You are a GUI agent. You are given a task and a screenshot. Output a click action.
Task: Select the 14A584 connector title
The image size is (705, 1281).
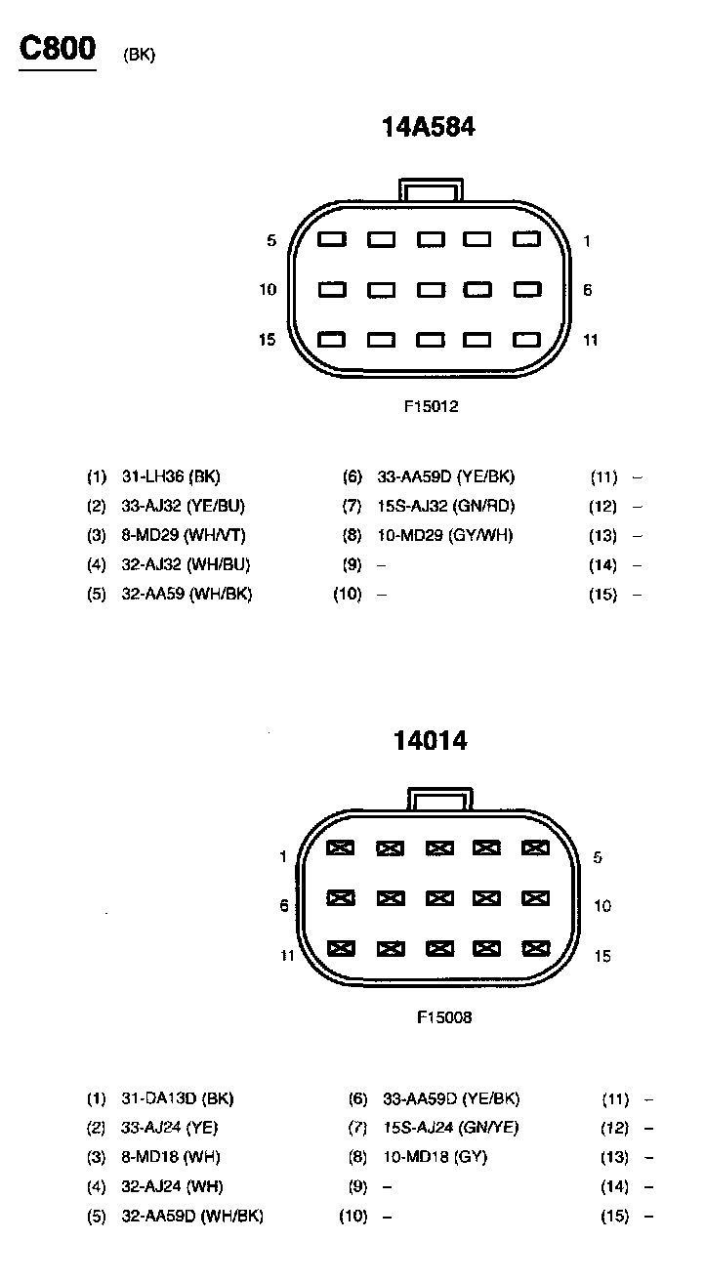(428, 127)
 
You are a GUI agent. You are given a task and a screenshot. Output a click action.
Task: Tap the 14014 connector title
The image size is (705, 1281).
(430, 741)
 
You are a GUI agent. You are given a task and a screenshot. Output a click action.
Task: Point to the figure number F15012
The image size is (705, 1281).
(431, 406)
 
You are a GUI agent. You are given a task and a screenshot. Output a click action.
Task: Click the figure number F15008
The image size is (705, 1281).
(444, 1017)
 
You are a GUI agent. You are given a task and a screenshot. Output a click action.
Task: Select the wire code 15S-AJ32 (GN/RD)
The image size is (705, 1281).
(445, 506)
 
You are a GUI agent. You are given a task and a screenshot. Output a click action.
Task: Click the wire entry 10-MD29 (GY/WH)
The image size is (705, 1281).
(444, 535)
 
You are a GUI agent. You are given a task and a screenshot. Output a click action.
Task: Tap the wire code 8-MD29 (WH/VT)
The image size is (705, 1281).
(178, 535)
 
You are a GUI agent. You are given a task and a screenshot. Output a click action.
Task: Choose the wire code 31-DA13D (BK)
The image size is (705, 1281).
(177, 1098)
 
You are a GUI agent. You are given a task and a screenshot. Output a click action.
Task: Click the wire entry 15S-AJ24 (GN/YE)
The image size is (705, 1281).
(451, 1128)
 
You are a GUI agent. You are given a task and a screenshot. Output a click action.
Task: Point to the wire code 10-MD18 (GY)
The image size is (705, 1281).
(435, 1157)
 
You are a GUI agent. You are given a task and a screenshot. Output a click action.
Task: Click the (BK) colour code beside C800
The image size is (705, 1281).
(140, 55)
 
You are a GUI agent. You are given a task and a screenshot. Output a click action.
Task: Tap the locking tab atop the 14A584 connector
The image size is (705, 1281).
(432, 190)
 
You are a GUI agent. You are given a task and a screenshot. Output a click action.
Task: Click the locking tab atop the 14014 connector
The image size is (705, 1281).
(440, 799)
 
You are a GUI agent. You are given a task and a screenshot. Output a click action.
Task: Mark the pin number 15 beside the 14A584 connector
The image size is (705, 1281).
(268, 340)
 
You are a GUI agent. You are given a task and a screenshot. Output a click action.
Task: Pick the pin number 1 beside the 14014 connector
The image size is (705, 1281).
(283, 857)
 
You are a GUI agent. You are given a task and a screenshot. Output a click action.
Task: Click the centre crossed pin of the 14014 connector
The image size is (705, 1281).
(438, 897)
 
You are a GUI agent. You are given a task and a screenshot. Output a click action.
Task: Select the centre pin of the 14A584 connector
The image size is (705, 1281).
(431, 290)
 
